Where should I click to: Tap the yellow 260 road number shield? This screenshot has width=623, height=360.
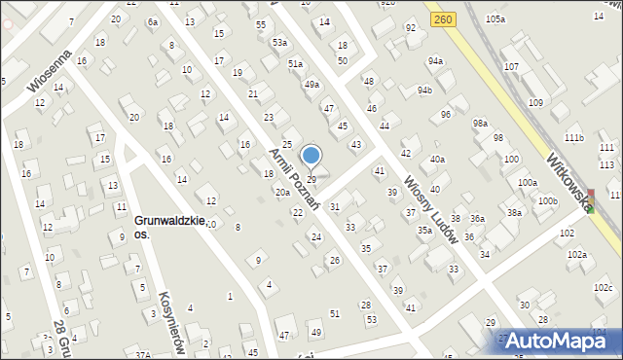point(444,18)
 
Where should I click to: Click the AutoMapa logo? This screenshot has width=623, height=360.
point(558,341)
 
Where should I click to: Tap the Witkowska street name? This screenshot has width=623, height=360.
point(569,179)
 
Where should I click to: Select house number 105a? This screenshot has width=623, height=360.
point(496,19)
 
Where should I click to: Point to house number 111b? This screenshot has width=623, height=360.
point(573,138)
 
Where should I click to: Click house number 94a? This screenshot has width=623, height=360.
point(434,61)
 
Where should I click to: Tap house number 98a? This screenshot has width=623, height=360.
point(480,123)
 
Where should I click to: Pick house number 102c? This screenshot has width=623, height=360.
point(603,287)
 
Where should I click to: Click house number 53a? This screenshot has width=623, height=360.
point(279,43)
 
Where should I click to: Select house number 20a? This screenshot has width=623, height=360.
point(282,193)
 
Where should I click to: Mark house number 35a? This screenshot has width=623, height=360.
point(424,230)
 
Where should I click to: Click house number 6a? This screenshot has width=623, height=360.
point(152,21)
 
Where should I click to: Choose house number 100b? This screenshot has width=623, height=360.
point(548,200)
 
